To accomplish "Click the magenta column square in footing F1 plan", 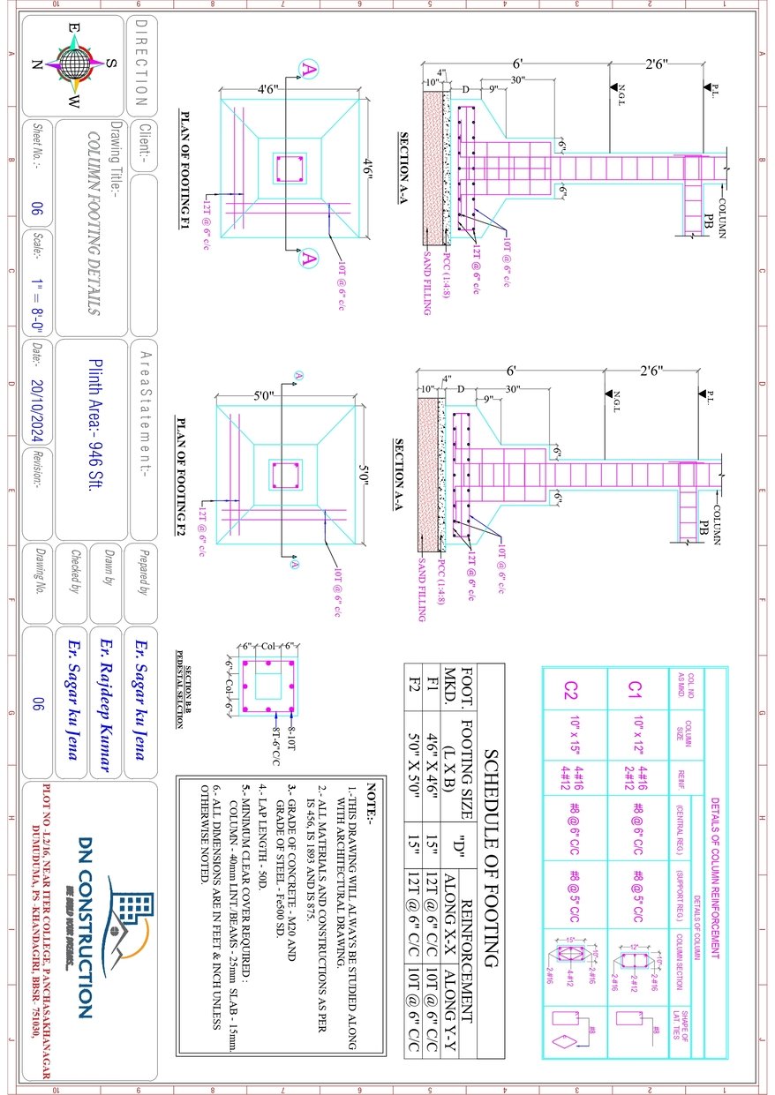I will click(290, 168).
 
